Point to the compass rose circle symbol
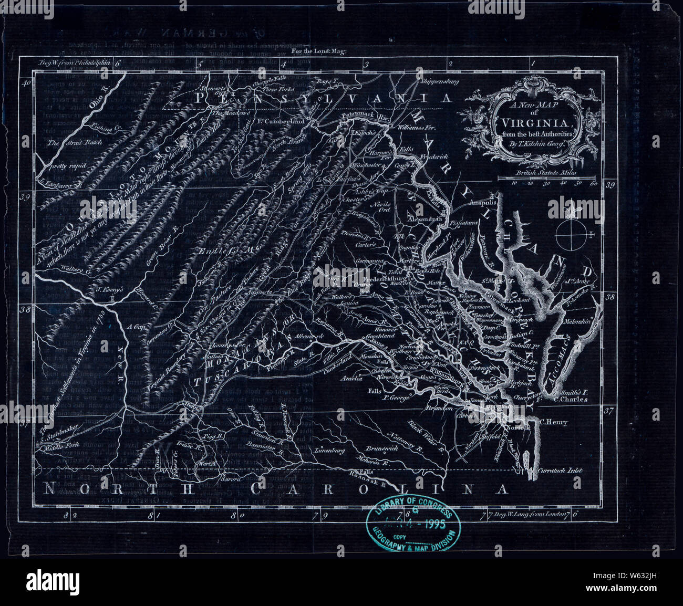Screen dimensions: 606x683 pyautogui.click(x=572, y=234)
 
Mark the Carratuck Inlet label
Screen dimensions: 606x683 pyautogui.click(x=561, y=471)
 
